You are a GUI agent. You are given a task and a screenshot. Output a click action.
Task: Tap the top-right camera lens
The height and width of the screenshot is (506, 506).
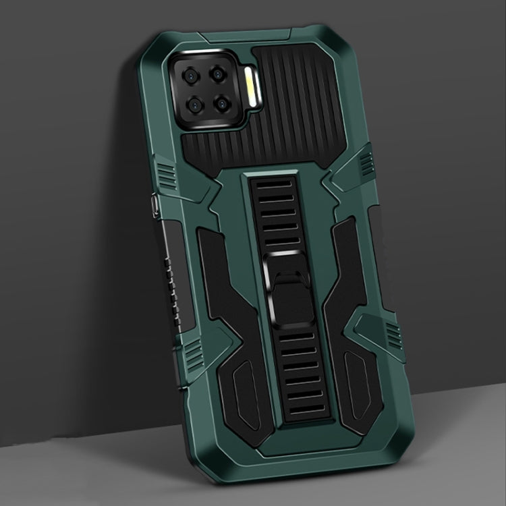pyautogui.click(x=218, y=74)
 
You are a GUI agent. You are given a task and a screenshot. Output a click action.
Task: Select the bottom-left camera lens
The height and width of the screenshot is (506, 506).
pyautogui.click(x=192, y=105)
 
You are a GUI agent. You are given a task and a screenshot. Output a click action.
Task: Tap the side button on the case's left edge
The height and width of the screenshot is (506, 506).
pyautogui.click(x=155, y=202)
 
